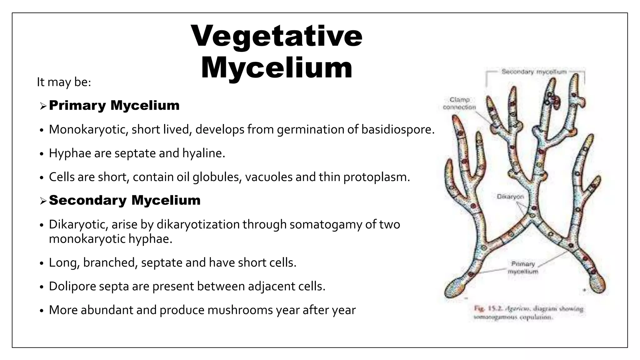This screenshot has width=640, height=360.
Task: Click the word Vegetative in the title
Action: pyautogui.click(x=277, y=36)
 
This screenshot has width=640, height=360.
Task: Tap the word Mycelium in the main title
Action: pyautogui.click(x=277, y=68)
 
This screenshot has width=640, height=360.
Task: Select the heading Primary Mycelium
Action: pyautogui.click(x=114, y=105)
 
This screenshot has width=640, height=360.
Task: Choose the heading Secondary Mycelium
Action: pyautogui.click(x=125, y=200)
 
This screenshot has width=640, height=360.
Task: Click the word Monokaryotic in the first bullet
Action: pyautogui.click(x=88, y=129)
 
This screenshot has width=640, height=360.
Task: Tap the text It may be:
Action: pyautogui.click(x=64, y=82)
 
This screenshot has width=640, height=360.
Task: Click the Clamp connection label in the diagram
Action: pyautogui.click(x=459, y=103)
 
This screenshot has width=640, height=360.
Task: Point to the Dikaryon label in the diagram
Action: pyautogui.click(x=510, y=197)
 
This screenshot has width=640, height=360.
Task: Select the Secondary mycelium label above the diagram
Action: pyautogui.click(x=534, y=72)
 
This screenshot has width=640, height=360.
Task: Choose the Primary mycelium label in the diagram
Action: pyautogui.click(x=523, y=268)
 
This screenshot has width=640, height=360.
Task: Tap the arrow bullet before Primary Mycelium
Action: pyautogui.click(x=43, y=106)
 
